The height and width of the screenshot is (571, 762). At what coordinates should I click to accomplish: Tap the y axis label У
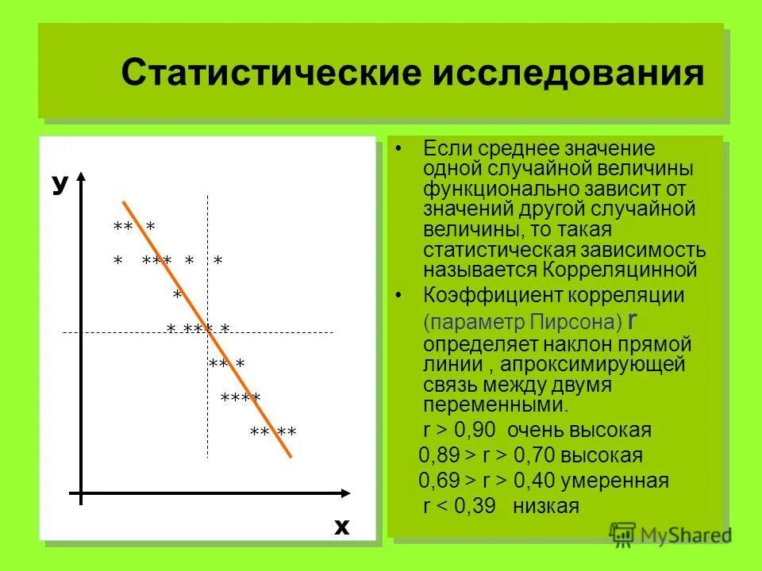tap(59, 184)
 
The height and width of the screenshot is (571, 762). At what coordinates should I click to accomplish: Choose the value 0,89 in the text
tap(441, 456)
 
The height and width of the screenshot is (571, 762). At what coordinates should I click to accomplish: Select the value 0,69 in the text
tap(441, 481)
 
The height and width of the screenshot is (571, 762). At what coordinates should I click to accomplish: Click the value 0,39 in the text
tap(475, 506)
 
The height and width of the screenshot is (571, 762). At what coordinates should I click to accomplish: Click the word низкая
tap(547, 506)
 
